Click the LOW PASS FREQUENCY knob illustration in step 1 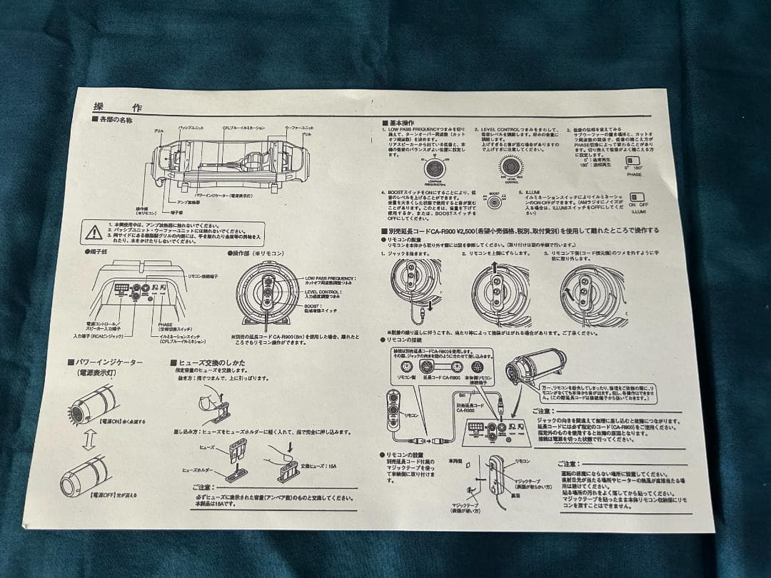tap(433, 168)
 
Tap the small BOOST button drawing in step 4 tap(493, 202)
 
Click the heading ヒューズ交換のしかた tap(211, 362)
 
